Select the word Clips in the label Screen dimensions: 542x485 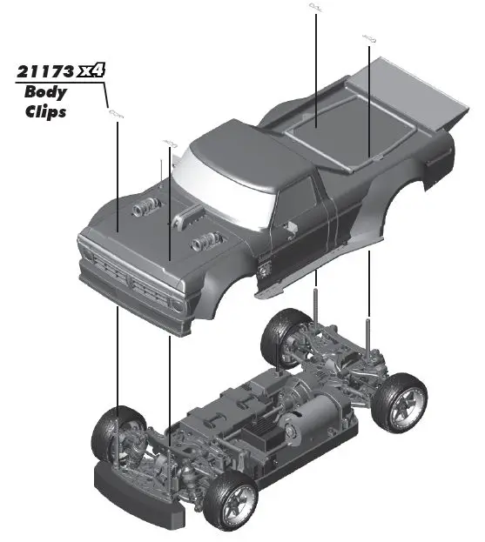click(x=46, y=111)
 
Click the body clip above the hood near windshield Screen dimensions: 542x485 click(x=169, y=144)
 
